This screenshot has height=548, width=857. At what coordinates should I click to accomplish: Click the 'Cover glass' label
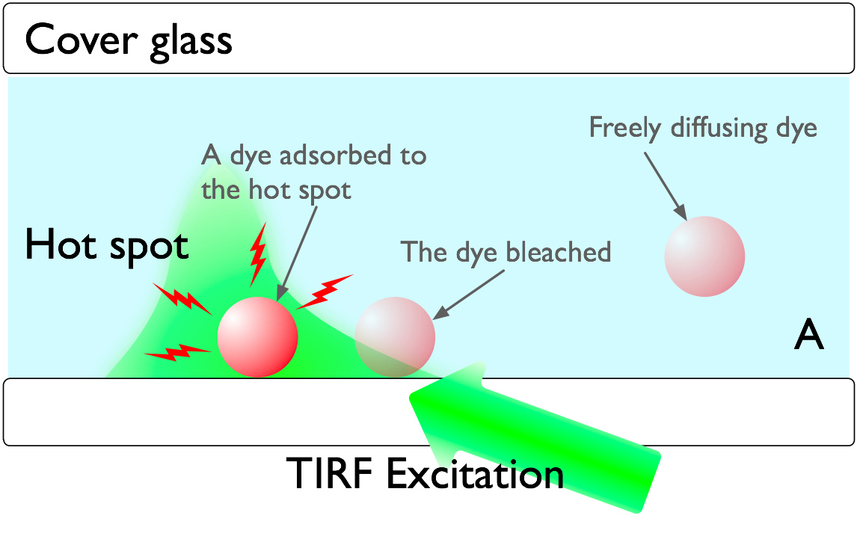[129, 40]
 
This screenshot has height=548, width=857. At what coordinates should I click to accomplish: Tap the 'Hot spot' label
[106, 244]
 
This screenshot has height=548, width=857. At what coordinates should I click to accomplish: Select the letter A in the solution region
[808, 336]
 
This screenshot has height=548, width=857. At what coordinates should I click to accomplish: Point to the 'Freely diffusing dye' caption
[702, 128]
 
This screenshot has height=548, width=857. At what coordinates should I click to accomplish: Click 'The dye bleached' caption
[506, 252]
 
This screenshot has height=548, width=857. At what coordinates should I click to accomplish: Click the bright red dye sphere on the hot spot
[257, 336]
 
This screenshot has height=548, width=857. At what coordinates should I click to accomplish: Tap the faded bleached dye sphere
[394, 336]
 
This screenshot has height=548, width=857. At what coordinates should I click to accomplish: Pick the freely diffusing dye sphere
[704, 256]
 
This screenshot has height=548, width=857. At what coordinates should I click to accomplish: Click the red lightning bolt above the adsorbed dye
[258, 253]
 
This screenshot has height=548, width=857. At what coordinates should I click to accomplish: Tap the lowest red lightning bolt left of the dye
[178, 351]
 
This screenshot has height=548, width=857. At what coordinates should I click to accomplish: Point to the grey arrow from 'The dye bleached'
[469, 294]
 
